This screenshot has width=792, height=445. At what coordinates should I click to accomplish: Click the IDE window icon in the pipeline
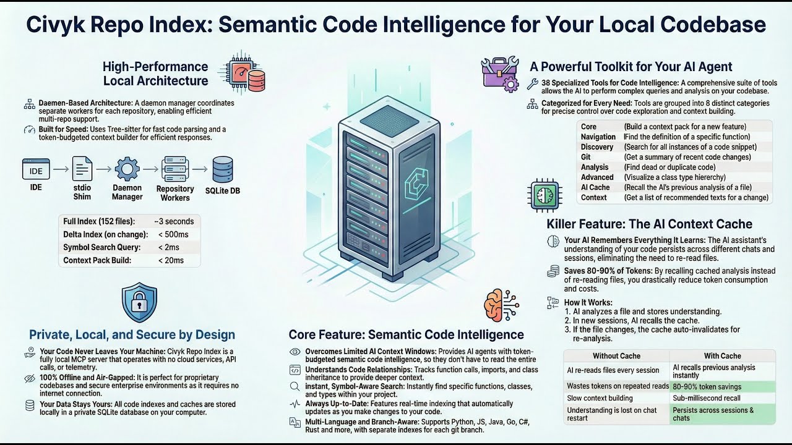pyautogui.click(x=36, y=169)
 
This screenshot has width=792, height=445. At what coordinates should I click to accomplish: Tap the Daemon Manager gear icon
pyautogui.click(x=127, y=169)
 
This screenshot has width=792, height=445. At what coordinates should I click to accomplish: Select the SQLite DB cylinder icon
pyautogui.click(x=223, y=169)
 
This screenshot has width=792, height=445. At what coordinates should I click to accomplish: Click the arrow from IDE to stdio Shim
pyautogui.click(x=61, y=169)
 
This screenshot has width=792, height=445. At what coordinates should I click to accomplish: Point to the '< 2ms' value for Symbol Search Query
pyautogui.click(x=169, y=247)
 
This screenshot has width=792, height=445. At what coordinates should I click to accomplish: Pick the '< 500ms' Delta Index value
pyautogui.click(x=173, y=234)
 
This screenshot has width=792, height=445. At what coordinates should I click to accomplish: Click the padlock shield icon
pyautogui.click(x=139, y=302)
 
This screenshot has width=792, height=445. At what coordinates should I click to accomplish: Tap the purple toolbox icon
pyautogui.click(x=500, y=74)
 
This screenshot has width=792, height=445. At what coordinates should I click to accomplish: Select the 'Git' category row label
pyautogui.click(x=585, y=157)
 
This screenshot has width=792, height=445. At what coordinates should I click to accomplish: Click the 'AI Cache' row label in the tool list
pyautogui.click(x=595, y=187)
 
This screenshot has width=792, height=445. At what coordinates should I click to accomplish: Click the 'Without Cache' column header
pyautogui.click(x=617, y=355)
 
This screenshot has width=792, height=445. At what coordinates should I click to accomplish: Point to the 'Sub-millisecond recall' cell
pyautogui.click(x=707, y=398)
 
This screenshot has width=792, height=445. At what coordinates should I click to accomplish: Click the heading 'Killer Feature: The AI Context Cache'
pyautogui.click(x=649, y=224)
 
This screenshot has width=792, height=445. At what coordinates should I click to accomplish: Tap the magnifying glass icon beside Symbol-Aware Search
pyautogui.click(x=295, y=387)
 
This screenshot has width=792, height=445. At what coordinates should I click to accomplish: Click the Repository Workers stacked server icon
pyautogui.click(x=175, y=169)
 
